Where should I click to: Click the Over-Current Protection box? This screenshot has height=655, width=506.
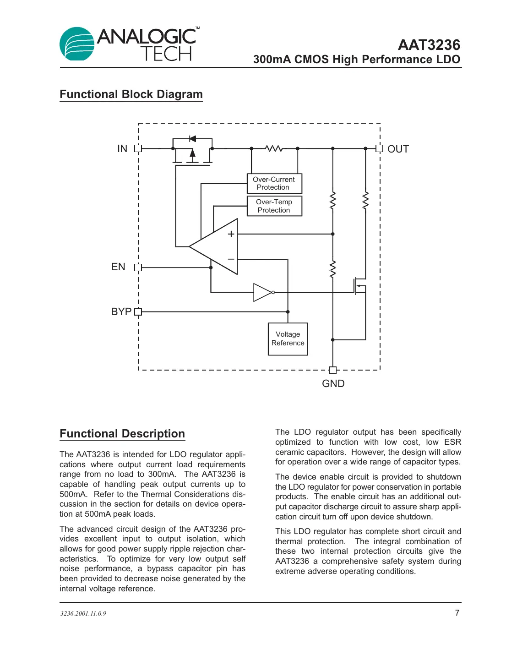click(x=274, y=183)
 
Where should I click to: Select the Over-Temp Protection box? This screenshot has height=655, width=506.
click(x=274, y=206)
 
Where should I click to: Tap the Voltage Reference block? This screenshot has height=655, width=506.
click(x=288, y=339)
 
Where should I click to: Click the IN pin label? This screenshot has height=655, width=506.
click(x=122, y=149)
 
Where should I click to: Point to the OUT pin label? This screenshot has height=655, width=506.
click(x=398, y=149)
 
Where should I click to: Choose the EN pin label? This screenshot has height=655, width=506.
click(x=118, y=267)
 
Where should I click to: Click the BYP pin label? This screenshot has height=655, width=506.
click(x=121, y=312)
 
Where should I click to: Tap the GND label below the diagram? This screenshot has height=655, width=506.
click(x=333, y=384)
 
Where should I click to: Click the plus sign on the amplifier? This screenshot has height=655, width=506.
click(x=231, y=234)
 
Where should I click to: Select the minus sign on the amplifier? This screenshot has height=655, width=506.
click(x=231, y=259)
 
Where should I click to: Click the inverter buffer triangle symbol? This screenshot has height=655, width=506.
click(x=263, y=292)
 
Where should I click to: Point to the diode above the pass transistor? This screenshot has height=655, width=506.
click(x=193, y=139)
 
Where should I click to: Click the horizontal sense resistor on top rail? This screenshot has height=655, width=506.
click(x=274, y=148)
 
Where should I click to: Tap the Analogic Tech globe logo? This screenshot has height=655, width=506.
click(x=76, y=44)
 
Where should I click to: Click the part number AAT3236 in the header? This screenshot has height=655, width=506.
click(x=429, y=45)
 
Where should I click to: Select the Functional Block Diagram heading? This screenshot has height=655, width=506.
click(x=131, y=94)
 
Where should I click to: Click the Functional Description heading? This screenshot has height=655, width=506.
click(x=122, y=434)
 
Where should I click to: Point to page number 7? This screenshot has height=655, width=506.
click(x=457, y=613)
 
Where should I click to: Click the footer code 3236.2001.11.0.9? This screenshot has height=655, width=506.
click(x=83, y=614)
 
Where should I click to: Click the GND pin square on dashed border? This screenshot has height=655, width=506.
click(x=333, y=370)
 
